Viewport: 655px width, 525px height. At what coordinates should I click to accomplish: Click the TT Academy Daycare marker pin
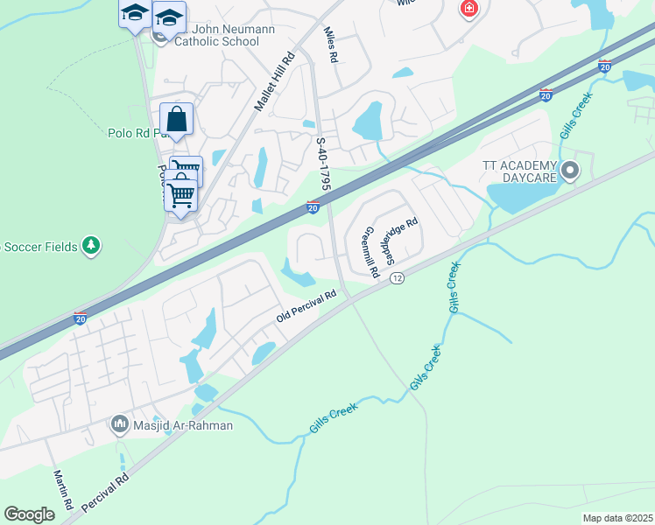pos(570,171)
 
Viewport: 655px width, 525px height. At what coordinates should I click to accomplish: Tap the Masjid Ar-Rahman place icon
pos(119,425)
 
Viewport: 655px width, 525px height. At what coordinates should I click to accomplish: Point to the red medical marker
pos(469,9)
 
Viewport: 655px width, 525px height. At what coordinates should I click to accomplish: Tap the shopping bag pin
pos(176,119)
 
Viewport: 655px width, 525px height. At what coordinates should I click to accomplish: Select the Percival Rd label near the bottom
pos(105,493)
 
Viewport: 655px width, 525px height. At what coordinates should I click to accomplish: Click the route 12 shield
pos(398,277)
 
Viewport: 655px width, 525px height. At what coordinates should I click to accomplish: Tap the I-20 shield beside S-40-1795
pos(313,207)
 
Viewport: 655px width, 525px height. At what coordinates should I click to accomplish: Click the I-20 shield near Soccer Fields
pos(80,318)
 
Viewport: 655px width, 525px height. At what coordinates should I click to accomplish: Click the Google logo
pos(29,514)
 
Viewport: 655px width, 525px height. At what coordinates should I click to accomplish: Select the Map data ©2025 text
pos(616,518)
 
